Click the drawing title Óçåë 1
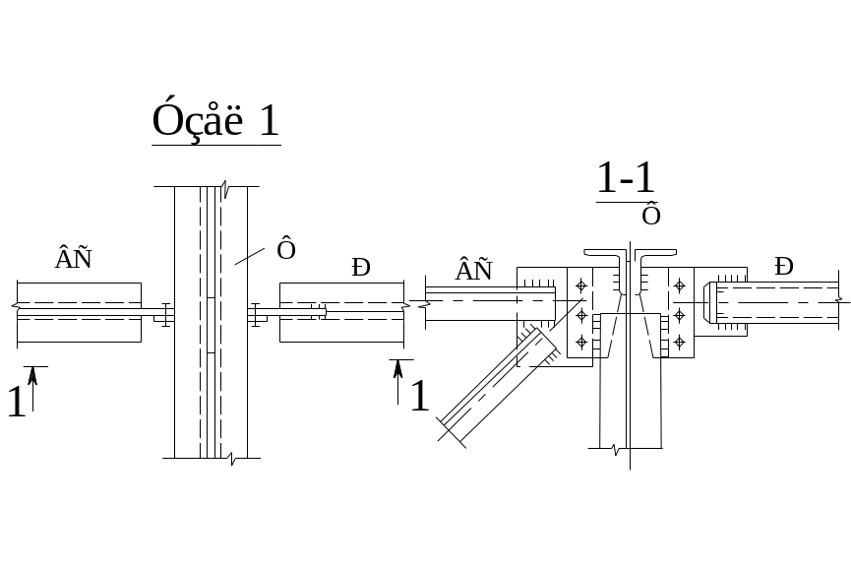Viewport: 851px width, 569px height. (x=215, y=121)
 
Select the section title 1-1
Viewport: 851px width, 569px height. (x=626, y=179)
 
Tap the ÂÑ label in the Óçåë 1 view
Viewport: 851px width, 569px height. (x=74, y=259)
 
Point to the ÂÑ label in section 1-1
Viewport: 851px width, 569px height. (x=473, y=270)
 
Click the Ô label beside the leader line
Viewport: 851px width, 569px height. (x=286, y=250)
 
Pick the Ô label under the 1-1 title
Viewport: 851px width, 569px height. (x=650, y=214)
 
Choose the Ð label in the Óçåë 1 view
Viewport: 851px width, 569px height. (x=362, y=267)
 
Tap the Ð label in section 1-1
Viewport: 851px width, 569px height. (x=784, y=266)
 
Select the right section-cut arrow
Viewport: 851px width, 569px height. (x=397, y=379)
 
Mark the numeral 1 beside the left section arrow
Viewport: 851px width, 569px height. (x=16, y=402)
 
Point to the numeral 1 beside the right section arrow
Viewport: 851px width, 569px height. (x=420, y=396)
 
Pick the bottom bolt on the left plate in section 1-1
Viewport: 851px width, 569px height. (x=580, y=342)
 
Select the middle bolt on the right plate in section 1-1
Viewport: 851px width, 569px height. (x=679, y=315)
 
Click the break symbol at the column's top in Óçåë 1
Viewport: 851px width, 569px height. (x=225, y=186)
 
